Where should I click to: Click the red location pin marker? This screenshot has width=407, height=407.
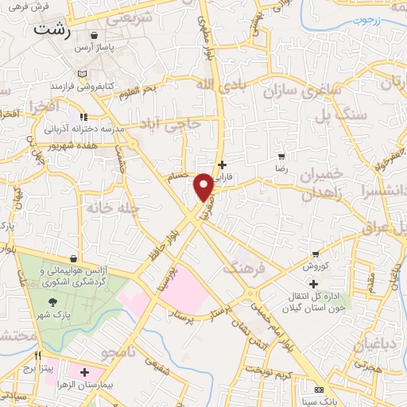click(203, 186)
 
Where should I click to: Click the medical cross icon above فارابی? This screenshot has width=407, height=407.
click(222, 165)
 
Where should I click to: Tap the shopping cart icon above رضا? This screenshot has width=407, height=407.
click(281, 157)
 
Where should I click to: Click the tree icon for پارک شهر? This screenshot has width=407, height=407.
click(52, 302)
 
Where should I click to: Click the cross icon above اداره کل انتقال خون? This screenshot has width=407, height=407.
click(314, 284)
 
